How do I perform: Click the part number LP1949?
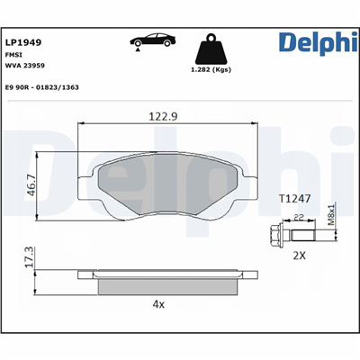click(x=23, y=42)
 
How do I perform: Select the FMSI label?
click(x=13, y=55)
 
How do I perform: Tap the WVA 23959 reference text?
click(x=25, y=66)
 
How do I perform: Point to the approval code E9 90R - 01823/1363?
click(x=42, y=87)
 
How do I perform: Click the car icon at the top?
click(x=153, y=41)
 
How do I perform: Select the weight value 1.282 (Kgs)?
click(x=211, y=69)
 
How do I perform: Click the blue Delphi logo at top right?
click(x=318, y=43)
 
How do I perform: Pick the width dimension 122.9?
click(x=163, y=116)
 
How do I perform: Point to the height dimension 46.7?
click(x=31, y=185)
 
